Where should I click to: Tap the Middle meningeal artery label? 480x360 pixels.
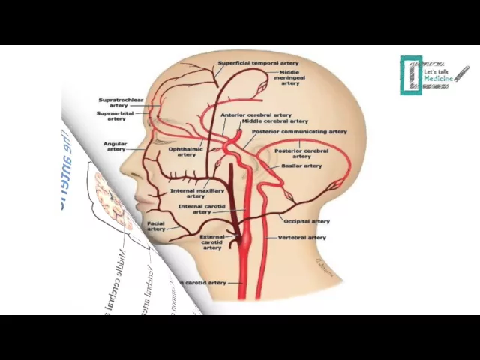point(290,78)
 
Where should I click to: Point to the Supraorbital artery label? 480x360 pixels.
point(116,115)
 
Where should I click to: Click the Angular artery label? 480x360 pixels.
point(115,146)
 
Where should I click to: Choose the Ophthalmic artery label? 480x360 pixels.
point(181,151)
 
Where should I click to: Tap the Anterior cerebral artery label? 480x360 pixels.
point(256,115)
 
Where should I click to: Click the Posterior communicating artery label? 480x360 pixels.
point(299,131)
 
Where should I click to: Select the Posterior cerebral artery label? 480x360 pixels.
point(301,153)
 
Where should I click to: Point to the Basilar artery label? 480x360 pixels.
point(301,166)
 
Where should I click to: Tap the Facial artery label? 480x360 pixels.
point(156,225)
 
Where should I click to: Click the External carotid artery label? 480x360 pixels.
point(212,241)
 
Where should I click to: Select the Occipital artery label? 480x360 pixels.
point(307,221)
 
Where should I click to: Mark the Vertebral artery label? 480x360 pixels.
point(302,237)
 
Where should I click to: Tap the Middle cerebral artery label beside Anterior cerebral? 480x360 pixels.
point(274,121)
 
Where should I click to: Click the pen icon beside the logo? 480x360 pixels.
point(462,74)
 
